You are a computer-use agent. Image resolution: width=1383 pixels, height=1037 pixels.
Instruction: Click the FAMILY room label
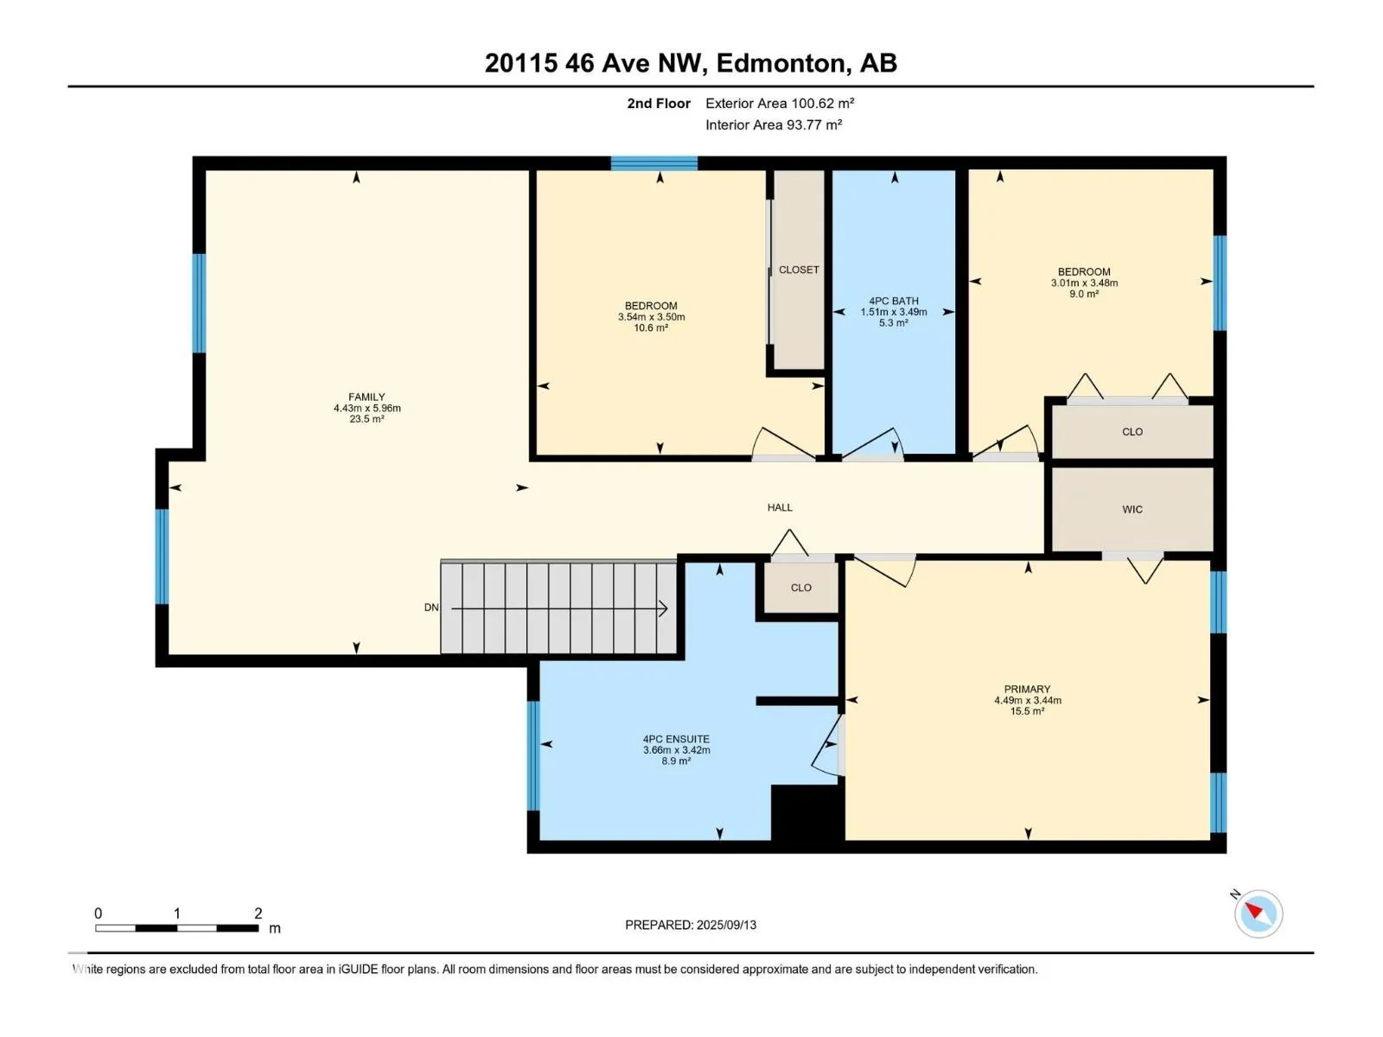[366, 397]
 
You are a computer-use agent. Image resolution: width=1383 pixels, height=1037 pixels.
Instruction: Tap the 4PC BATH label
[894, 301]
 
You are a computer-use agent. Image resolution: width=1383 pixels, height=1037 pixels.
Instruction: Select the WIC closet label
[1131, 509]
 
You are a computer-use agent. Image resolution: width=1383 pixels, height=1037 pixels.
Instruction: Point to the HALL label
[780, 507]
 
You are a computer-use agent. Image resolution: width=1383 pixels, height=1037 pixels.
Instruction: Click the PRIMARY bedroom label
[1027, 689]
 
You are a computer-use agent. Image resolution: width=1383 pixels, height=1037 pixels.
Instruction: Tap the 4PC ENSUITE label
[676, 739]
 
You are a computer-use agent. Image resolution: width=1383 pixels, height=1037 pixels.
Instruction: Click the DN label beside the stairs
[431, 608]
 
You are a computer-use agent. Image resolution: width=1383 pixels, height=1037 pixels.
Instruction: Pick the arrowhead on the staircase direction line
[664, 608]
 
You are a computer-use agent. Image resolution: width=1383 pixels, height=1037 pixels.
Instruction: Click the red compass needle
[1253, 910]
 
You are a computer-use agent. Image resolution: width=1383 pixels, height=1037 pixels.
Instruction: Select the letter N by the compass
[1235, 894]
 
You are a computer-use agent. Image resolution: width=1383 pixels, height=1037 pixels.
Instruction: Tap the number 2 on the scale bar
[258, 913]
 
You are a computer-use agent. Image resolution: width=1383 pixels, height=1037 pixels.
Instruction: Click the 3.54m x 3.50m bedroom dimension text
[651, 316]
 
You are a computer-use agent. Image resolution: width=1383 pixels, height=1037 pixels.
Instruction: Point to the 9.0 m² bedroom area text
[1084, 294]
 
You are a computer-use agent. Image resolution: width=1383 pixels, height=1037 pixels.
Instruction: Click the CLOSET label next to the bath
[799, 270]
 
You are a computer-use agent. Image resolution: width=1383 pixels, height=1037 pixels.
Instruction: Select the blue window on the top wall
[654, 163]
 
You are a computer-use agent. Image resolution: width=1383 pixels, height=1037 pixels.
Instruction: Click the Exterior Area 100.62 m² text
[780, 103]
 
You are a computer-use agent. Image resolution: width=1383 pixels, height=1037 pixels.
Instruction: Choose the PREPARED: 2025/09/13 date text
[691, 925]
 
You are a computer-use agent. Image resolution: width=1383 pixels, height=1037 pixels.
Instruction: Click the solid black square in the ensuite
[807, 812]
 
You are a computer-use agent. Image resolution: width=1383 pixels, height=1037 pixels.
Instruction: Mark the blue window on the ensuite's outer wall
[533, 755]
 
